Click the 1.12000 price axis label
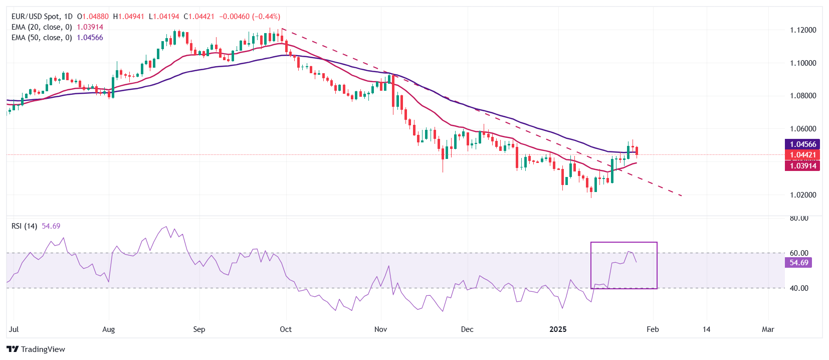pos(803,30)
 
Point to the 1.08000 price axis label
pos(803,96)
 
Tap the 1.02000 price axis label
pos(803,195)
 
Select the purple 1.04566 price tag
pos(803,144)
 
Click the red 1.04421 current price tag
pos(803,155)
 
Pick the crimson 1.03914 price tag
pos(803,166)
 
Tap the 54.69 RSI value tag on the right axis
pos(799,263)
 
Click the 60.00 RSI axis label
pos(799,253)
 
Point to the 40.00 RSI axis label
pos(799,288)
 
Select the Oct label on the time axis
pos(286,329)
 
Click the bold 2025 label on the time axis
pos(558,329)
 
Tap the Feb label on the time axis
pos(653,329)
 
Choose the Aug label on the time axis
pos(108,329)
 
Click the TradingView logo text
pos(43,349)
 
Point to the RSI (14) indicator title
pos(25,226)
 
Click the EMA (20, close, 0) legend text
pos(42,27)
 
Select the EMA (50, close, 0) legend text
pos(42,38)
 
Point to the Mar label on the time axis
pos(768,329)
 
